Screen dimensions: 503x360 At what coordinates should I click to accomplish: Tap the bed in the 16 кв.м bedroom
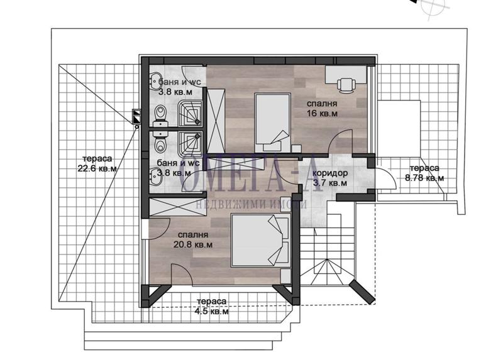[x=272, y=123]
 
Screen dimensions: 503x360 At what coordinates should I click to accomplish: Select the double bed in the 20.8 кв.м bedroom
[x=261, y=240]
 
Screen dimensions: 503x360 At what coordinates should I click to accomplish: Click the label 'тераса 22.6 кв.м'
[x=97, y=163]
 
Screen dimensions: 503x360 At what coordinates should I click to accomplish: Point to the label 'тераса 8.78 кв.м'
[x=424, y=173]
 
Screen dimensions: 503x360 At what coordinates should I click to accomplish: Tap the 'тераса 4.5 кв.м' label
[x=212, y=306]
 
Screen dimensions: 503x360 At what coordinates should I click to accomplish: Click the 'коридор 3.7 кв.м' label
[x=329, y=178]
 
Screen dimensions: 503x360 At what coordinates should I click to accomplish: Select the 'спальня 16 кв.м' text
[x=322, y=108]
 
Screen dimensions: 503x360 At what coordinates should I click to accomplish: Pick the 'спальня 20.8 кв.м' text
[x=193, y=239]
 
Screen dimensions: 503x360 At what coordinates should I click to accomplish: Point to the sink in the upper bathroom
[x=156, y=80]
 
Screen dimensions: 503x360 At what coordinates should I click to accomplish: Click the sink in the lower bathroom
[x=156, y=176]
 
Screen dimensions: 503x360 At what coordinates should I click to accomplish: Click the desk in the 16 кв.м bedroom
[x=346, y=75]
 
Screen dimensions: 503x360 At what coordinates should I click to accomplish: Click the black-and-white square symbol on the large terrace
[x=137, y=117]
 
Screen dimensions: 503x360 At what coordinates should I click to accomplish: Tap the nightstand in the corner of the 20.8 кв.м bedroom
[x=285, y=276]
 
